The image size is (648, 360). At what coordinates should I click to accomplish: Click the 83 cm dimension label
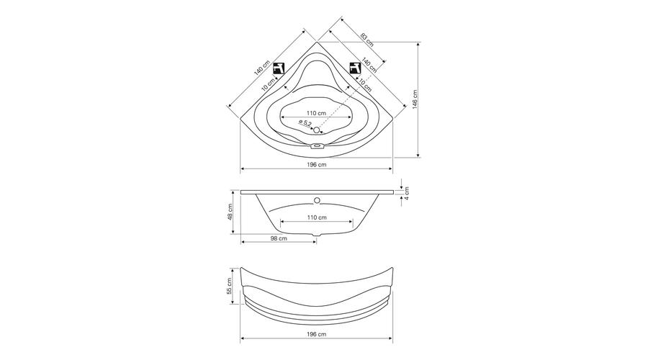coord(366,40)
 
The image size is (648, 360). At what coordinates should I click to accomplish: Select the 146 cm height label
coord(415,99)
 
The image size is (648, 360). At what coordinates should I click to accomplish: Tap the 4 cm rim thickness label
coord(407,194)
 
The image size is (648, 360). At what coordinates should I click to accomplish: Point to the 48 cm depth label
coord(230,212)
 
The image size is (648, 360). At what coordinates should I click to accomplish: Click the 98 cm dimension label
coord(279,238)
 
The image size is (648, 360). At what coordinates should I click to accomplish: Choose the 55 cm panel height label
coord(230,286)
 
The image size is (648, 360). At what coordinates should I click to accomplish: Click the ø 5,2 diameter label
coord(305,122)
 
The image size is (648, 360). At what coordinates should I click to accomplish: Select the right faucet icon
coord(355,68)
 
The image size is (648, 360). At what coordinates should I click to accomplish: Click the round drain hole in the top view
coord(317,130)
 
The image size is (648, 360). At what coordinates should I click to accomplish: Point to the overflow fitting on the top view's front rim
coord(317,145)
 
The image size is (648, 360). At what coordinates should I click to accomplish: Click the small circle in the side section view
coord(317,200)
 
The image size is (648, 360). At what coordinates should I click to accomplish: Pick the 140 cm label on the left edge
coord(262,68)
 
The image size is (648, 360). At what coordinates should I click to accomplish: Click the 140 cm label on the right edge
coord(369,64)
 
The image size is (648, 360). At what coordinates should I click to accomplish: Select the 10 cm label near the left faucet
coord(269,85)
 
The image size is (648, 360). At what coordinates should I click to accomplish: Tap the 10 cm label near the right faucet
coord(364,85)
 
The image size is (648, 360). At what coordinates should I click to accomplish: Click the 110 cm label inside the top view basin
coord(317,113)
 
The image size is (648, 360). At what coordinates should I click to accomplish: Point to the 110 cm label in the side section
coord(317,217)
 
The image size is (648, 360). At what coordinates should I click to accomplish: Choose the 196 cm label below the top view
coord(317,164)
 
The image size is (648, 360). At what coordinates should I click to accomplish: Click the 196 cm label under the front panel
coord(317,334)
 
